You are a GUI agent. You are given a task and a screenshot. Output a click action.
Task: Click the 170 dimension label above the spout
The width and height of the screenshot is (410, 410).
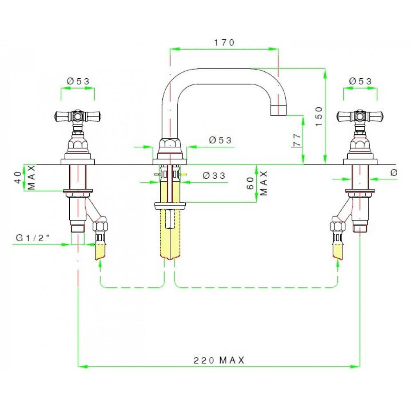pos(224,42)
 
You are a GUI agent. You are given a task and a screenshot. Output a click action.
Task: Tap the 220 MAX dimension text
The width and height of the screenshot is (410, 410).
pos(219,360)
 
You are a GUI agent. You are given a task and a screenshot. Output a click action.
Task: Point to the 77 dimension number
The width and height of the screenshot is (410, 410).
pos(297,140)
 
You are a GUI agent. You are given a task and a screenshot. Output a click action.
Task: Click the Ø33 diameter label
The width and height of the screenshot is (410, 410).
pos(214,175)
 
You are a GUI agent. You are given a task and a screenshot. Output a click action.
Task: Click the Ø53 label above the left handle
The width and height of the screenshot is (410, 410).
pos(78,81)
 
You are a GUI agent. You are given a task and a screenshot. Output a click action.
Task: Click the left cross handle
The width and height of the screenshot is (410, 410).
pos(78,117)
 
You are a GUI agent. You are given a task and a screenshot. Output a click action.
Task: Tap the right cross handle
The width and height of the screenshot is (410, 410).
pos(360,117)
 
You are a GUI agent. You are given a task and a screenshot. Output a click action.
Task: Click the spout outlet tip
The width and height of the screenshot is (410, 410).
pos(280,110)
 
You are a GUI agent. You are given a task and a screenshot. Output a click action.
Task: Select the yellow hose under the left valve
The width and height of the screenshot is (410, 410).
pos(101,250)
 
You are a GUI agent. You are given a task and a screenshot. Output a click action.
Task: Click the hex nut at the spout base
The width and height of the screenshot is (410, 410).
pos(170,144)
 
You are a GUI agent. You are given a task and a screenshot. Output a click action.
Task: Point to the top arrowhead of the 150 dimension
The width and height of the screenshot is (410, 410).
pos(325,72)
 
